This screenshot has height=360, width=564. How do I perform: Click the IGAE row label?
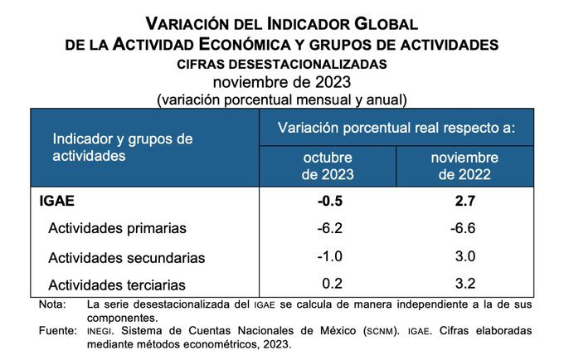[x=57, y=201]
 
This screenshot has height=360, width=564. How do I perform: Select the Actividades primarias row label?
[x=117, y=228]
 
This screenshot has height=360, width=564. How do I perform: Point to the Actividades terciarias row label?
[x=118, y=285]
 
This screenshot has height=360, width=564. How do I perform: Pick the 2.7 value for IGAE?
[x=464, y=201]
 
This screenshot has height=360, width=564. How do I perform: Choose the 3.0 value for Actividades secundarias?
[x=464, y=256]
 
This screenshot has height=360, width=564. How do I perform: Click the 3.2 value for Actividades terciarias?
[x=464, y=285]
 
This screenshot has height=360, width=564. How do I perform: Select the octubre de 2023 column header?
[x=327, y=166]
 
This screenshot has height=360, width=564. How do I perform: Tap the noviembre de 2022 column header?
[x=464, y=166]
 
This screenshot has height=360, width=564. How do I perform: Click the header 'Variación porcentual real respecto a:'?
[x=396, y=128]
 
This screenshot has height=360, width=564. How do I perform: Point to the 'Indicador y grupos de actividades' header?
[x=123, y=147]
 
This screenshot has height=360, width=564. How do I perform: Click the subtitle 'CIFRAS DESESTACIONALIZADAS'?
[x=282, y=63]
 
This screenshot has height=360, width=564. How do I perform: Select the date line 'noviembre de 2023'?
[x=282, y=81]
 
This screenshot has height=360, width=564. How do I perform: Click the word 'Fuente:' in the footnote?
[x=58, y=331]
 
